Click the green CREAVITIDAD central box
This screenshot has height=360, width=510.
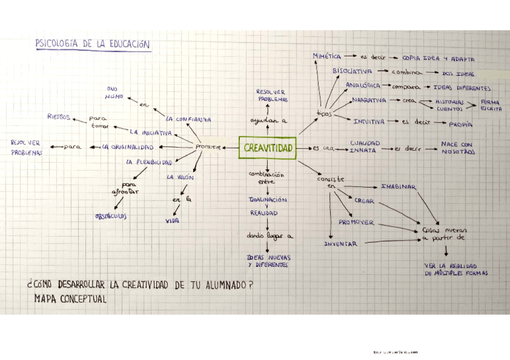[268, 148]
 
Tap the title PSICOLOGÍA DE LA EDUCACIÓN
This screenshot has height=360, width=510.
[93, 44]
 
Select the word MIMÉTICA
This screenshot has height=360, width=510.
[327, 56]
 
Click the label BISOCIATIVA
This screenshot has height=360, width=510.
[352, 71]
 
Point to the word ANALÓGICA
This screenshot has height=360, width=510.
[363, 85]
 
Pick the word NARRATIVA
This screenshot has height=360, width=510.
[369, 100]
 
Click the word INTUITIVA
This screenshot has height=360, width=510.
[369, 121]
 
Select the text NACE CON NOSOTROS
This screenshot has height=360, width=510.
[457, 148]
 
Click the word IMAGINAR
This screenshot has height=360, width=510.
[398, 187]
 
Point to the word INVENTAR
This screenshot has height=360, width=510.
[340, 244]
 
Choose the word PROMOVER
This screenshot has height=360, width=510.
[355, 222]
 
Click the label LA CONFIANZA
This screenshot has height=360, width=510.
[189, 119]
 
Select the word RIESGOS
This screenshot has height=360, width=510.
[59, 117]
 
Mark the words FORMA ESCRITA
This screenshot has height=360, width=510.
[490, 105]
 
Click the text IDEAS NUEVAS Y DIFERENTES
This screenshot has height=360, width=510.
[268, 261]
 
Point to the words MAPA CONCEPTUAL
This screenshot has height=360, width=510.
[70, 299]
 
